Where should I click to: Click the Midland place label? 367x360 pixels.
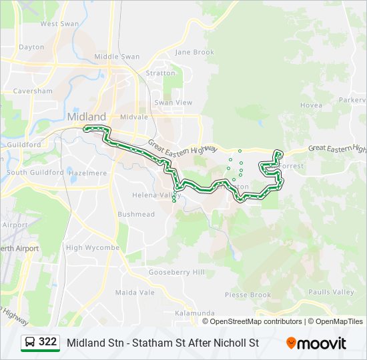(86, 117)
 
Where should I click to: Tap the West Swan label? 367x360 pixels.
(59, 24)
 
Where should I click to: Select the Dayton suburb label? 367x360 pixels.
(31, 47)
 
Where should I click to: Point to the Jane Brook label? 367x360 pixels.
(194, 52)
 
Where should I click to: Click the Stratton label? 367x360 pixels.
(160, 73)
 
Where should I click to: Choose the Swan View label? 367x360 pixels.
(173, 103)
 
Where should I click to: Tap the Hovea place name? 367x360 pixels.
(311, 105)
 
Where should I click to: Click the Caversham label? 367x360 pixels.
(32, 91)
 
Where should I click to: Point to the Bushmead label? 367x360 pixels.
(135, 215)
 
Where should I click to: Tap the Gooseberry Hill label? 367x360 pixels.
(176, 272)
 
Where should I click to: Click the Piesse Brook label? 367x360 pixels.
(248, 295)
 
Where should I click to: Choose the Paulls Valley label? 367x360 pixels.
(332, 292)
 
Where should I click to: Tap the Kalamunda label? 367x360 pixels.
(194, 313)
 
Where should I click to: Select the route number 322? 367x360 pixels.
(48, 342)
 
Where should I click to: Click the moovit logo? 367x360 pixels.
(316, 343)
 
